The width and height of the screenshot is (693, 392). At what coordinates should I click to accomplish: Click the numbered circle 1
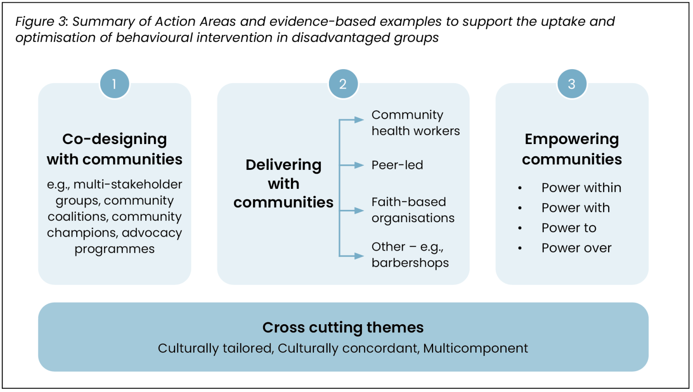pos(115,84)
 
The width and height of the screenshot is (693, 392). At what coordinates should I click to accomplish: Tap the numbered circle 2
pos(343,84)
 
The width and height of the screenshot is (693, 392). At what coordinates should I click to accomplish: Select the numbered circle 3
pos(572,84)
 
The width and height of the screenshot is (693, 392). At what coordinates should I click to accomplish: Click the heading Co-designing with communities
pos(115,149)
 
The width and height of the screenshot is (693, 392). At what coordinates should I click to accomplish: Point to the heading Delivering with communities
pos(283,183)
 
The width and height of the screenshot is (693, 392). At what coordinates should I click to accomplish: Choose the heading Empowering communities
pos(572,149)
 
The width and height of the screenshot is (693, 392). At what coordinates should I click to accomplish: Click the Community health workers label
pos(415,123)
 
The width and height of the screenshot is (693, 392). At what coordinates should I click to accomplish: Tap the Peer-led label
pos(397,165)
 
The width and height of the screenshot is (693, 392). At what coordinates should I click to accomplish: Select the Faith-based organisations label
pos(412,210)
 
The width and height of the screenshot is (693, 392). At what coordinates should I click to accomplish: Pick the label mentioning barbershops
pos(410,263)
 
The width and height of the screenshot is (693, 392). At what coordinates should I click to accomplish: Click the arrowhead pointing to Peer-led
pos(359,165)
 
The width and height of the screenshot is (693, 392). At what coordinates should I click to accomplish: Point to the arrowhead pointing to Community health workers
pos(359,120)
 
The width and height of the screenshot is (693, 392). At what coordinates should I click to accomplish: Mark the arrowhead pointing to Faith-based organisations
pos(359,210)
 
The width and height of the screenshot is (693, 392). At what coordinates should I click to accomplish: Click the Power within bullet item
pos(581,188)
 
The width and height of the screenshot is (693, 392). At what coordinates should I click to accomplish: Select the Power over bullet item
pos(576,248)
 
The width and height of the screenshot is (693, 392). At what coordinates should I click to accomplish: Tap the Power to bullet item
pos(568,228)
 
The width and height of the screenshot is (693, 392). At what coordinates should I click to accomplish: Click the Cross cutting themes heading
pos(343,327)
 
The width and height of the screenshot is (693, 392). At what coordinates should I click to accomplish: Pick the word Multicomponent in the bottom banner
pos(476,349)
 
